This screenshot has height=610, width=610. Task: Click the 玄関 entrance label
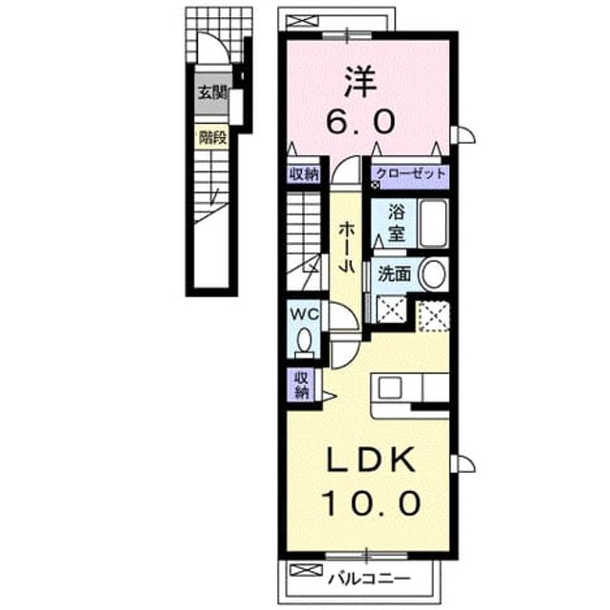213,93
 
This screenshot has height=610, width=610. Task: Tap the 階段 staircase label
213,137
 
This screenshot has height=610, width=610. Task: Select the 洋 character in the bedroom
360,83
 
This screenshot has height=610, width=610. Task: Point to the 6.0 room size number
360,121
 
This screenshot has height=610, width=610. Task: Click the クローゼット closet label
410,173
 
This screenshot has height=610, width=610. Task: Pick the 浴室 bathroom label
396,223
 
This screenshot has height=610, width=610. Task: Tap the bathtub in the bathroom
433,223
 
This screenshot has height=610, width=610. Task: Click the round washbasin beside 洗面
432,274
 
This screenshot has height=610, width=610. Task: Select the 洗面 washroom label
394,274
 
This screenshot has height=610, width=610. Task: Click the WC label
304,314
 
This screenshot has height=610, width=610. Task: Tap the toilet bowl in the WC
304,342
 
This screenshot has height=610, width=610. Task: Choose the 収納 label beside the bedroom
304,173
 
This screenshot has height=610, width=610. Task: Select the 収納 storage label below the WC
301,385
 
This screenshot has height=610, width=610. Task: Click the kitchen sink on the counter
390,388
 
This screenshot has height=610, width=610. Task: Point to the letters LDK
371,459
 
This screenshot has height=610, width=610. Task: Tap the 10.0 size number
371,503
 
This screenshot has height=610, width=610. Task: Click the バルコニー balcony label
369,579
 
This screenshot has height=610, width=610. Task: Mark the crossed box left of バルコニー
306,570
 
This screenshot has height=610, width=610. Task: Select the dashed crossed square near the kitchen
433,315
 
